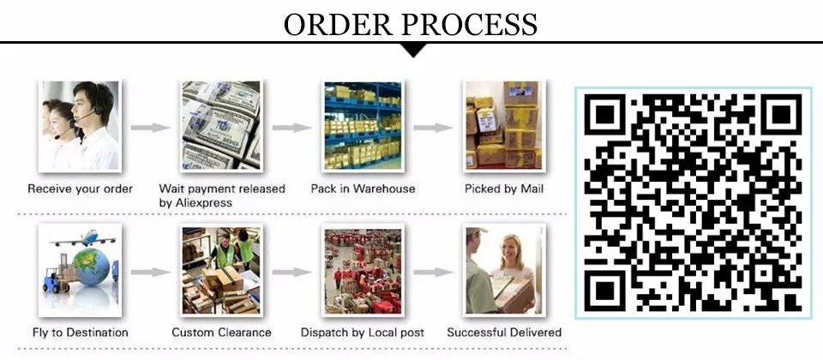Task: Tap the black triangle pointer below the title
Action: point(415,50)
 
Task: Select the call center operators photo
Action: point(79,125)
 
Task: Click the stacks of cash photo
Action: point(220,125)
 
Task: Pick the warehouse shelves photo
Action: point(362,125)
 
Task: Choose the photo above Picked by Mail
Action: point(502,125)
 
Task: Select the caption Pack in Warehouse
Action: point(363,189)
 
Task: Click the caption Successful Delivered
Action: point(504,333)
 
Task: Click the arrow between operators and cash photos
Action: point(150,128)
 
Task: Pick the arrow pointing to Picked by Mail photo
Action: point(431,128)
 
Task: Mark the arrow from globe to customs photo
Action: point(150,273)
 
